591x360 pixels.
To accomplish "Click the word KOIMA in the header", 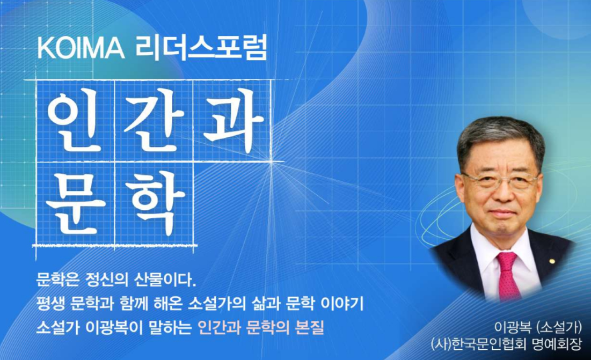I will pos(81,49).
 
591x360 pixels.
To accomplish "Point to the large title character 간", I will pos(155,119).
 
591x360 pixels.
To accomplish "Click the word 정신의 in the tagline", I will pos(110,280).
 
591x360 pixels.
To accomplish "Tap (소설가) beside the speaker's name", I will pos(559,327).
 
